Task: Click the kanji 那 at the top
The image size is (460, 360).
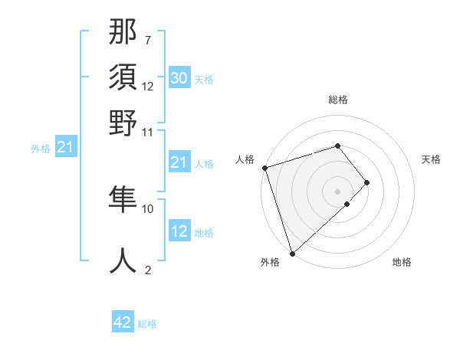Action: pos(123,33)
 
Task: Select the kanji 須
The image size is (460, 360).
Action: pos(123,78)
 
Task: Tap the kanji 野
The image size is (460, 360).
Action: pos(123,123)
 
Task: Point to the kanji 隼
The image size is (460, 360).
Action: pos(123,200)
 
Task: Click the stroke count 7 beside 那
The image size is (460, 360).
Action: pos(147,40)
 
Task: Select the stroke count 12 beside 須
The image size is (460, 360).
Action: pos(148,86)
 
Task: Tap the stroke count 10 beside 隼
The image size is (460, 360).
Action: pos(148,208)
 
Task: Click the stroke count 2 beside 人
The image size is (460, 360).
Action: pos(147,269)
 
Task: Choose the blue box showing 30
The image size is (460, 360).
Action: pos(179,78)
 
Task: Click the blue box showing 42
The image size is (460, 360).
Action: pos(123,322)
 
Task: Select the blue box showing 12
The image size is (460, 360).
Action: pos(179,231)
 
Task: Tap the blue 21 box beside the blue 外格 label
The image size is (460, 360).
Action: pos(64,147)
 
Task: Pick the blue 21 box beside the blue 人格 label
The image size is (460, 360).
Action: pos(179,162)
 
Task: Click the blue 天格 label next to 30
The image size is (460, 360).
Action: pos(204,79)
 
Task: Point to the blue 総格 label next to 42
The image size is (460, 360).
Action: pos(147,324)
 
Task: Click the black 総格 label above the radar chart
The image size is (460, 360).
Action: pos(338,100)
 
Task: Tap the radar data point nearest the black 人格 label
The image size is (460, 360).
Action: pos(264,168)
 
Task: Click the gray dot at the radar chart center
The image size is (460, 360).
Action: pos(338,190)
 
